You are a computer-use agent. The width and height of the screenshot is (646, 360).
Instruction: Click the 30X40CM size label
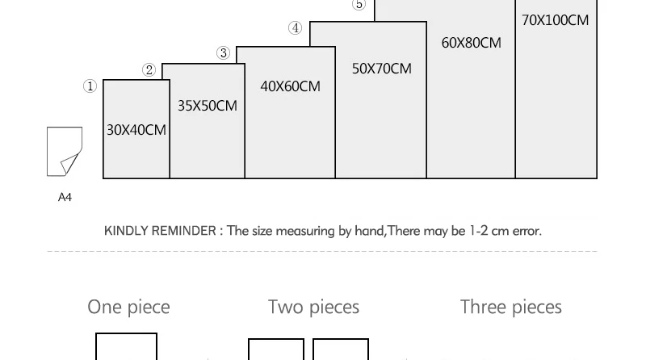click(136, 130)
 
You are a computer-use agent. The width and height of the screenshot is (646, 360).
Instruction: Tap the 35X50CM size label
click(208, 106)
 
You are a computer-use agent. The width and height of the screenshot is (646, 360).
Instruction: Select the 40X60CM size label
click(290, 86)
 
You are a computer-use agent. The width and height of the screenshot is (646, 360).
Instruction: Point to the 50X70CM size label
click(381, 69)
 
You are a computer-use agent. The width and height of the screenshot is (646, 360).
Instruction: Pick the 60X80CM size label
click(471, 43)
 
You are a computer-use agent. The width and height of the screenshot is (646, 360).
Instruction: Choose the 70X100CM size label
click(555, 20)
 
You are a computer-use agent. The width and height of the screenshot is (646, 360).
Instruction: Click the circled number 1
click(90, 86)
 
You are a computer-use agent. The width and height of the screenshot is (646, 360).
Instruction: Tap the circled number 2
click(149, 70)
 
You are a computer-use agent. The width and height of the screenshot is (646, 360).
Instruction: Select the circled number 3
click(224, 53)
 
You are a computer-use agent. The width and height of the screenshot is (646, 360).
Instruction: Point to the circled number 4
click(296, 28)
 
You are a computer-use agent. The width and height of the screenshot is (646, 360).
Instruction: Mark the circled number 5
click(359, 5)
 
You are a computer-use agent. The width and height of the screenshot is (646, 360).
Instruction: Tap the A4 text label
click(65, 197)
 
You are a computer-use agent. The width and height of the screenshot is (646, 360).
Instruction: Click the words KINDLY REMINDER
click(160, 231)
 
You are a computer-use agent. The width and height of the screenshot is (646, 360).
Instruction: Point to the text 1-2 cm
click(489, 231)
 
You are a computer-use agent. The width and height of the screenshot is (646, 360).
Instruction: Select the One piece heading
click(128, 307)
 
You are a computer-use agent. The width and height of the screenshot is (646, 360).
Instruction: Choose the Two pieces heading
click(313, 307)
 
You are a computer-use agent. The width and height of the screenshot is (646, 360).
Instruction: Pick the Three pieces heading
click(510, 307)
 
